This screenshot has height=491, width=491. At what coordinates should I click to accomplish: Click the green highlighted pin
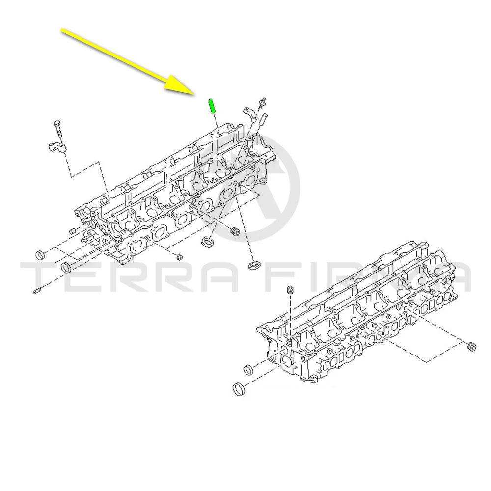[212, 106]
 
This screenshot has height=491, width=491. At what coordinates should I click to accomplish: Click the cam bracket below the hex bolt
[57, 147]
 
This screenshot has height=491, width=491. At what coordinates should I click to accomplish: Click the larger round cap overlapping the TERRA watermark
[66, 268]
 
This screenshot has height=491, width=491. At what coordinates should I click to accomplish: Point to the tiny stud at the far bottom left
[36, 291]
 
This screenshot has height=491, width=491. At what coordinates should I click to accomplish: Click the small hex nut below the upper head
[179, 257]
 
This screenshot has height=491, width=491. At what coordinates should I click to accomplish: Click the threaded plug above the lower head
[291, 290]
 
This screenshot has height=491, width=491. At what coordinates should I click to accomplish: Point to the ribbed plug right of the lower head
[471, 347]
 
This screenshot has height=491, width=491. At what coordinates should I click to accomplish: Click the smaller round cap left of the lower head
[249, 369]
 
